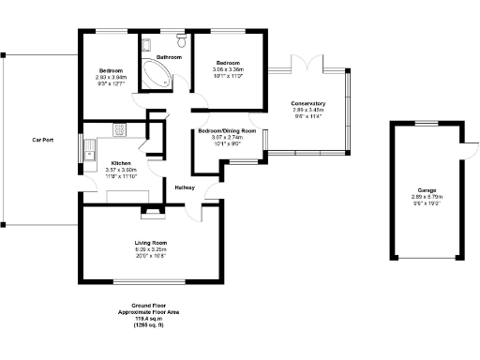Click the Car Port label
(42, 141)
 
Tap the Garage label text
(427, 190)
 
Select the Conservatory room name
(308, 103)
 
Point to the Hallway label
(185, 188)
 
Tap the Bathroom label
(169, 57)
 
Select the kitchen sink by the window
(88, 150)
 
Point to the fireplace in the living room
(150, 213)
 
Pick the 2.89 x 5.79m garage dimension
(427, 197)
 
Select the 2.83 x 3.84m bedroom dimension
(111, 77)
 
